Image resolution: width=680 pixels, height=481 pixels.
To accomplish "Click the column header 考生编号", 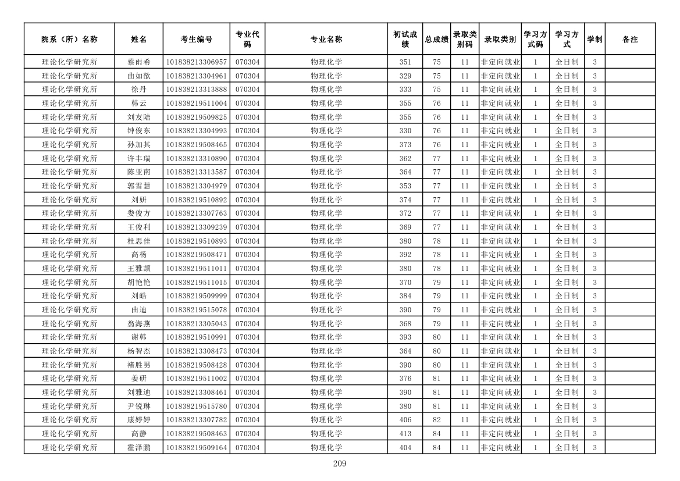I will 197,40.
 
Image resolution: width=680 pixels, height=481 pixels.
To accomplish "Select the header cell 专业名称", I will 326,40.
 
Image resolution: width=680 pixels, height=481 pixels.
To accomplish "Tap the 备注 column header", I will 630,40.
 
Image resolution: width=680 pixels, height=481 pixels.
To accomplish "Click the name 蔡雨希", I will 138,62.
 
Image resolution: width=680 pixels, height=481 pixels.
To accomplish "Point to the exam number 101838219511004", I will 197,104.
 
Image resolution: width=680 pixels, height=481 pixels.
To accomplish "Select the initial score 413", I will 405,434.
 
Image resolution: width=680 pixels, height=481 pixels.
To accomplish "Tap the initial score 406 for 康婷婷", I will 405,420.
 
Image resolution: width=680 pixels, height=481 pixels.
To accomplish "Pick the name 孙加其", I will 138,145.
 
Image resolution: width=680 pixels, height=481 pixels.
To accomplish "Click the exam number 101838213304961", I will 197,76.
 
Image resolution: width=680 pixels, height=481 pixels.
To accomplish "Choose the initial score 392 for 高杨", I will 405,255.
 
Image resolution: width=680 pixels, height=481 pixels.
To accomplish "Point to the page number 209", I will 340,464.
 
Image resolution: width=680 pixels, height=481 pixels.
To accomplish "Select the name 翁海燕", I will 138,324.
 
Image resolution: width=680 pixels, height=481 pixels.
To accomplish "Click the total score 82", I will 436,420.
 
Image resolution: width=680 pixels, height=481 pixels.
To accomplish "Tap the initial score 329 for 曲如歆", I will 405,76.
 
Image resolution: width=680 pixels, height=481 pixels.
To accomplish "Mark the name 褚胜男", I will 138,365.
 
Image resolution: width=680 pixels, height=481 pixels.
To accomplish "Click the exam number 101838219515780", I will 197,407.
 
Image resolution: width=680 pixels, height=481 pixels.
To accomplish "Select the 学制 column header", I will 594,40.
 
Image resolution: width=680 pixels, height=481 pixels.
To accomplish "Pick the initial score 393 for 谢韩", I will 405,337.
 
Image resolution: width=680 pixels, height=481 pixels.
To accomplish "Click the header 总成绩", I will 436,40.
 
